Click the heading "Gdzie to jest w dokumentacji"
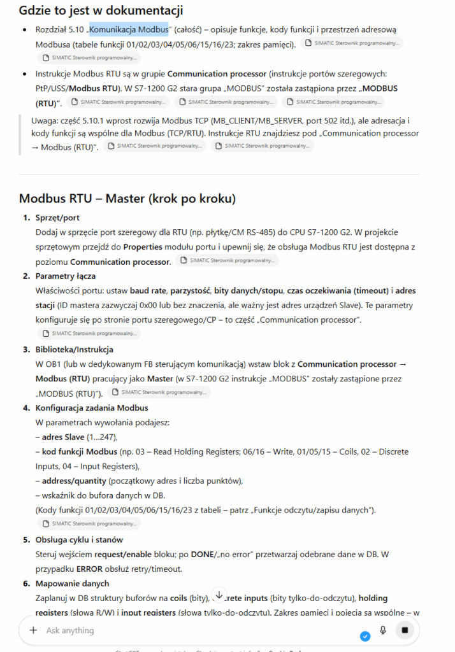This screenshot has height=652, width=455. pos(101,10)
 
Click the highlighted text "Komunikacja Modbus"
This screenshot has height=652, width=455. pos(129,29)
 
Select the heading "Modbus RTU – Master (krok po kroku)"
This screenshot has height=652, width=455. pos(127,198)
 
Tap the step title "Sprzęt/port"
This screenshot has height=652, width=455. pos(58,218)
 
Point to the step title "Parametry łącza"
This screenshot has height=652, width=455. pos(66,276)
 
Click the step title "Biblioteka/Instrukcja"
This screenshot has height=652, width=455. pos(75,350)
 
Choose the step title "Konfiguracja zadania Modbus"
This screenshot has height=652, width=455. pos(92,408)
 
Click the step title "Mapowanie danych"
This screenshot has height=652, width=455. pos(72,583)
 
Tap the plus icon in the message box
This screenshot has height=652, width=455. pos(33,630)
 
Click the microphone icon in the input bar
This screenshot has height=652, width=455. pos(383,630)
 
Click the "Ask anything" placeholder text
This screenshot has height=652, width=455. pos(70,630)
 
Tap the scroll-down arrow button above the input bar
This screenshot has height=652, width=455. pos(219,595)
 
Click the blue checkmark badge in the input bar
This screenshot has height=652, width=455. pos(365,636)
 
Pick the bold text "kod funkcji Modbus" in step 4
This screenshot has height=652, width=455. pos(80,451)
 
